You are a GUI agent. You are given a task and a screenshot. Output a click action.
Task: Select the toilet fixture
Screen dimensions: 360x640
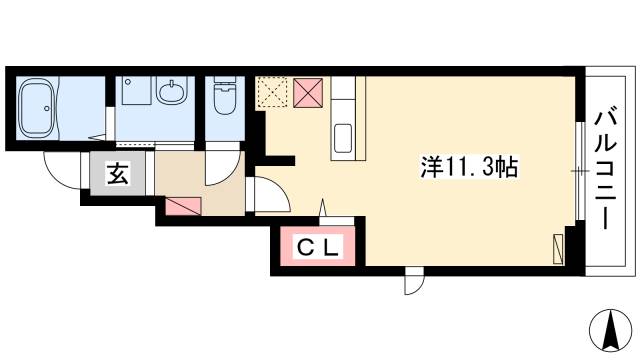pyautogui.click(x=222, y=98)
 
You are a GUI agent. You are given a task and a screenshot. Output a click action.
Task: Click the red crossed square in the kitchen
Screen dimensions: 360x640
pyautogui.click(x=307, y=95)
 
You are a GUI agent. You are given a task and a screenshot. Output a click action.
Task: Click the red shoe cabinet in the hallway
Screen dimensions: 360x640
pyautogui.click(x=183, y=206)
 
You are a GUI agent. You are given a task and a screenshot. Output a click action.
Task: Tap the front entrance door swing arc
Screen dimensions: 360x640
pyautogui.click(x=61, y=170)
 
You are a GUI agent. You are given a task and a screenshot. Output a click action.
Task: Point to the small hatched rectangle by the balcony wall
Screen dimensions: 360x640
pyautogui.click(x=557, y=247)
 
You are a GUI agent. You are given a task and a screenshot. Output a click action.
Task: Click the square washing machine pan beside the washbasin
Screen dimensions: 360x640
pyautogui.click(x=134, y=95)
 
